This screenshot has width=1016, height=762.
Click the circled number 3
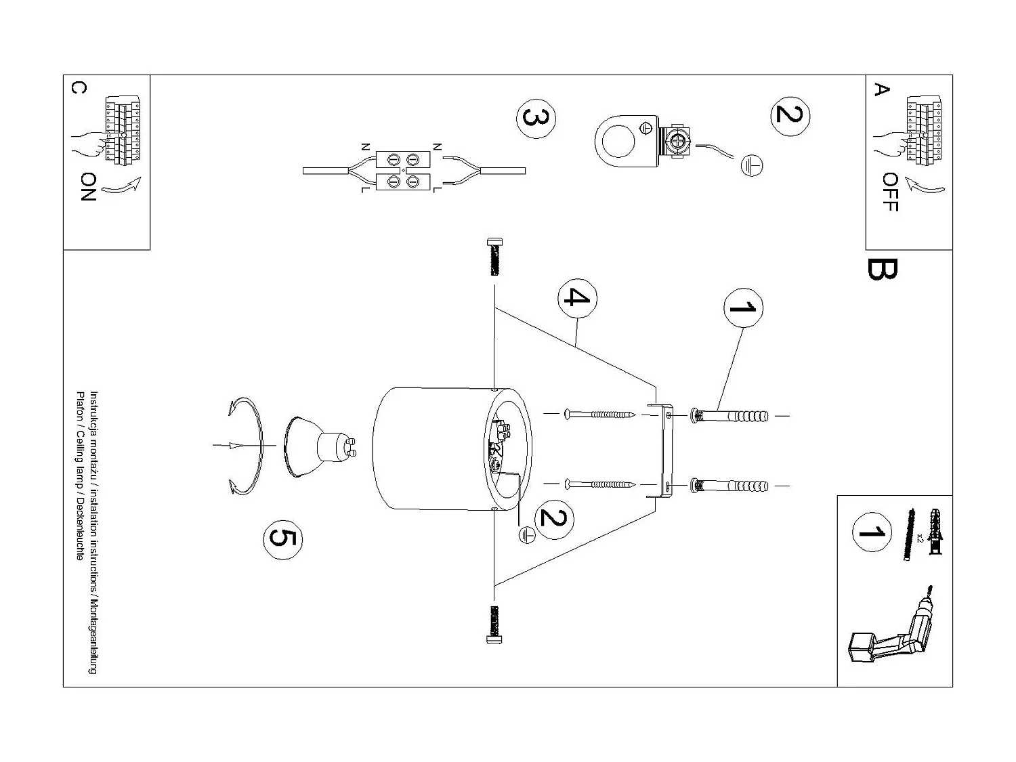(x=536, y=119)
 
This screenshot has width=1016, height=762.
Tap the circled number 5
(x=282, y=538)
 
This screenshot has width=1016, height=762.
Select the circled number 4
(x=577, y=297)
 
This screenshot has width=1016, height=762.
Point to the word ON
(x=88, y=187)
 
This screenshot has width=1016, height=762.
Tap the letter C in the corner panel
(x=79, y=89)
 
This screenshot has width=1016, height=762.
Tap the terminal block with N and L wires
(x=403, y=171)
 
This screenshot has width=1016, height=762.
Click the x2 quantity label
(x=920, y=538)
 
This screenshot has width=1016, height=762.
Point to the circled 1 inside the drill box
(x=872, y=533)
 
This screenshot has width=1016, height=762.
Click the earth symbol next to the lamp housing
(x=526, y=534)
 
